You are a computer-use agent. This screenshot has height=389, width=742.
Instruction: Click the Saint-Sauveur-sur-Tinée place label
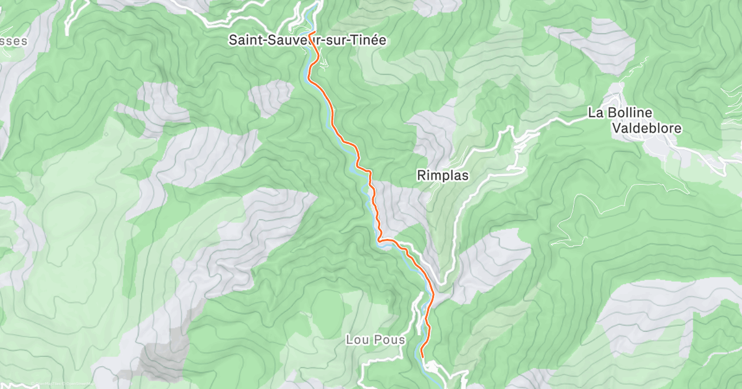[x=307, y=41]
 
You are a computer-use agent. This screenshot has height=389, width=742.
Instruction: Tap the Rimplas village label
[x=443, y=176]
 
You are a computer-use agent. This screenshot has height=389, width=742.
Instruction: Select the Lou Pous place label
[x=375, y=340]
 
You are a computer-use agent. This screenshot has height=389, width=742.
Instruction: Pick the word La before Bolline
[x=595, y=113]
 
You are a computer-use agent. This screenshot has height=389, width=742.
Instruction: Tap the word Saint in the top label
[x=244, y=41]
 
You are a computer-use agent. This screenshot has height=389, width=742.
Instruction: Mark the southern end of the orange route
[x=422, y=356]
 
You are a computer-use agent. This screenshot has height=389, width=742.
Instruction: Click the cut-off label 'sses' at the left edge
[x=14, y=41]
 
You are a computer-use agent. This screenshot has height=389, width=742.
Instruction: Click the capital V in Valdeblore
[x=616, y=129]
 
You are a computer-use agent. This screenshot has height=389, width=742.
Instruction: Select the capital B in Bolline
[x=612, y=113]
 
